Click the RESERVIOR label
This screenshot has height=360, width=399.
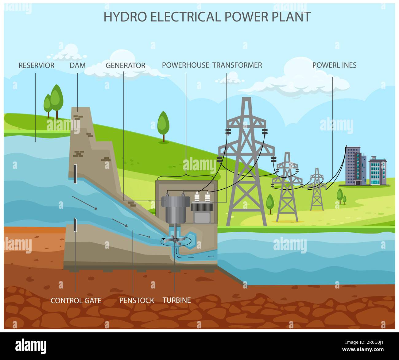[36, 65]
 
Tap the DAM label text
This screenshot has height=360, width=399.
[77, 65]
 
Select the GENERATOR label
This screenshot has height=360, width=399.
[125, 65]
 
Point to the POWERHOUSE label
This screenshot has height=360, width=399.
[185, 65]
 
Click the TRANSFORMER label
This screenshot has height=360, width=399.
[237, 65]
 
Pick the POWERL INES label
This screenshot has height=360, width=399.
[334, 65]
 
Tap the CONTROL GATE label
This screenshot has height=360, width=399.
[76, 300]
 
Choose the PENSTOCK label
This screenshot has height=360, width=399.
[137, 300]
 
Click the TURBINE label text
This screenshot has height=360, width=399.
[176, 300]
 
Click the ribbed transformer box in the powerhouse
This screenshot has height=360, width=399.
[202, 207]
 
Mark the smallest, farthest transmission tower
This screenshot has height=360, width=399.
[317, 190]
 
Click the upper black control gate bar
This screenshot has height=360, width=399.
[75, 174]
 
